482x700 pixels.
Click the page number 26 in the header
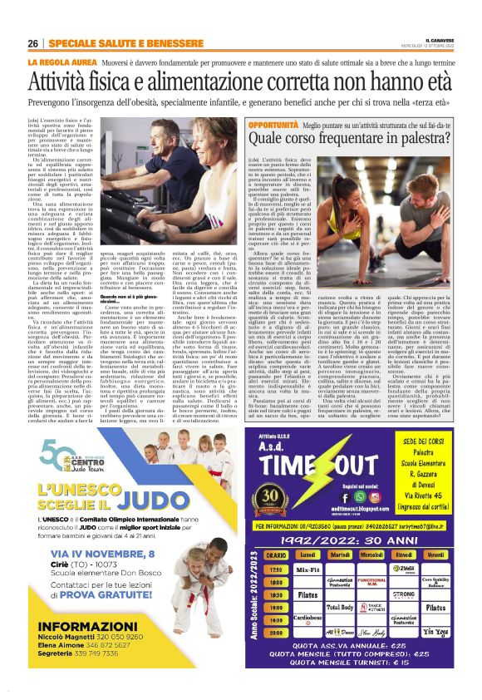pos(32,42)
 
